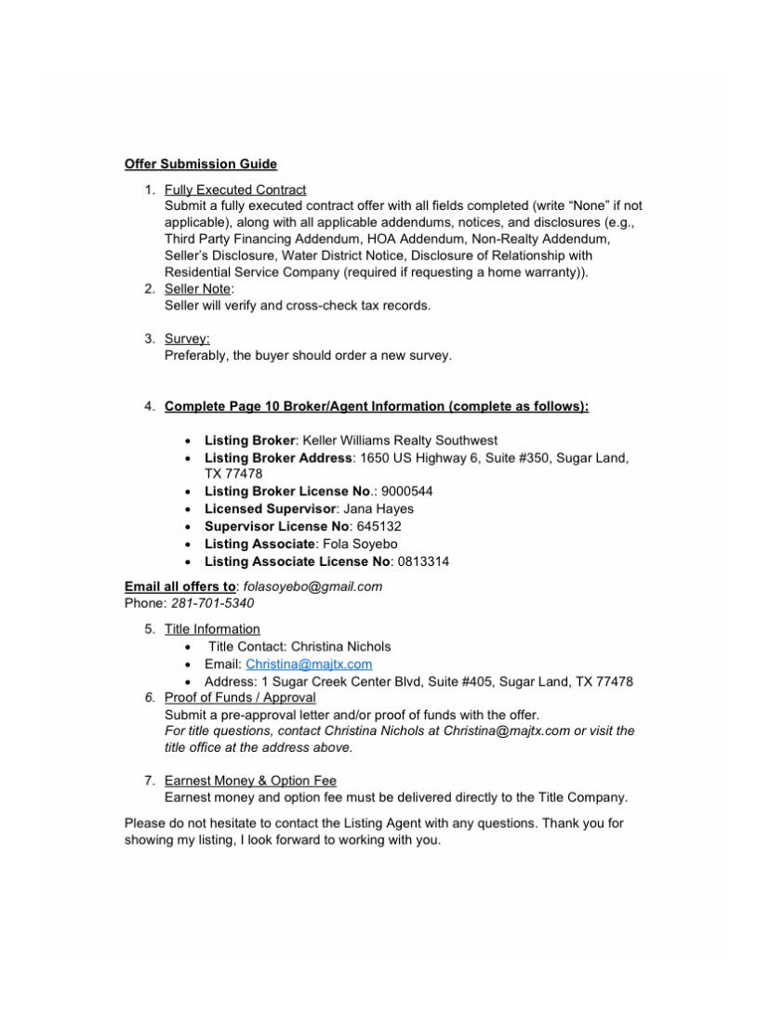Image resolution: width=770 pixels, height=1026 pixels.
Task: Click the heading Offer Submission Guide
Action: (x=201, y=164)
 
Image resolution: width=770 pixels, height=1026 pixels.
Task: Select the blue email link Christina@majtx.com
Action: (x=309, y=664)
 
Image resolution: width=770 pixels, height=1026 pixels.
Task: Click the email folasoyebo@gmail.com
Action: (x=313, y=586)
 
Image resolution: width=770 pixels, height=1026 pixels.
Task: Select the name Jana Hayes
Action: (x=378, y=508)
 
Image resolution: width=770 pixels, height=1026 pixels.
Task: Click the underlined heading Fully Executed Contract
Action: (x=235, y=190)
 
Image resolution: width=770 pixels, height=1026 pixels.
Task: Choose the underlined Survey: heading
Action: (x=187, y=338)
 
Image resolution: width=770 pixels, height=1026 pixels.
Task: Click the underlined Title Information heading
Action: (x=212, y=629)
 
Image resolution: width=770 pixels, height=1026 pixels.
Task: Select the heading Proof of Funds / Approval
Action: (x=240, y=697)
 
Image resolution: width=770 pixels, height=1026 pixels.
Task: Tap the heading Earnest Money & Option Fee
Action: (x=250, y=781)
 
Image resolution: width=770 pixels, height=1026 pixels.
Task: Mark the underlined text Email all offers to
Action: (x=180, y=586)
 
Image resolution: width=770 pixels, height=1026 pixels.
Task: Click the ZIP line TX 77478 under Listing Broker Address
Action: (x=233, y=474)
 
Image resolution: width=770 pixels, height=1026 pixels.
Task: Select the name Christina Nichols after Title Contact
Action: (x=341, y=646)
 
